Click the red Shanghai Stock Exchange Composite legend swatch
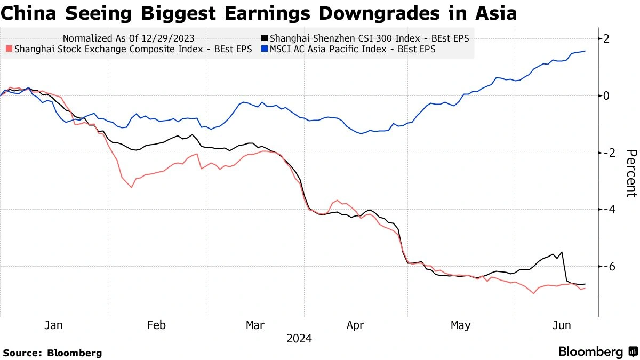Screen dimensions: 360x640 [x=9, y=49]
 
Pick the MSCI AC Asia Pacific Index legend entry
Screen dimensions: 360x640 [x=352, y=49]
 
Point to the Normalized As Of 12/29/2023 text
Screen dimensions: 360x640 [x=128, y=38]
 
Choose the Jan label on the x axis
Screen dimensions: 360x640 [x=54, y=325]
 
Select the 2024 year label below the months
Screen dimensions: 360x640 [x=299, y=339]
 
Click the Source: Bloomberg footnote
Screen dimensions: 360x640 [x=52, y=353]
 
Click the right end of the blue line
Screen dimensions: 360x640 [x=585, y=51]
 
